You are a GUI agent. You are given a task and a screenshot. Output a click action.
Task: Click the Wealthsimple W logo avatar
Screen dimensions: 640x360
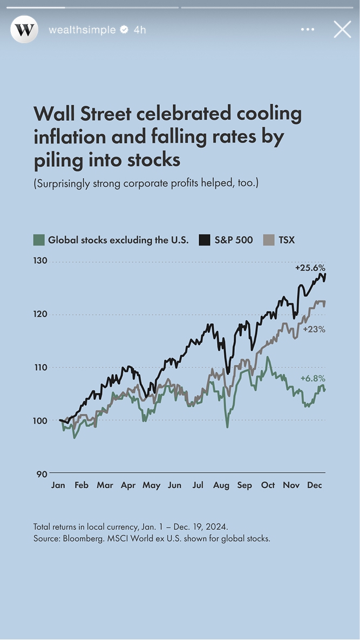click(24, 30)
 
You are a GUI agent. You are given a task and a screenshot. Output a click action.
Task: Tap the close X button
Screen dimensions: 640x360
click(342, 29)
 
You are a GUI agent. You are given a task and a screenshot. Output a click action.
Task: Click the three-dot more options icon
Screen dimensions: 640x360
click(308, 30)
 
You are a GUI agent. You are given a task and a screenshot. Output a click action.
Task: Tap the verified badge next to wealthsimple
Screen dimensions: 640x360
click(124, 30)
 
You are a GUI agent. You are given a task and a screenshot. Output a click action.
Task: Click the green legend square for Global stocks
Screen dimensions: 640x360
click(39, 240)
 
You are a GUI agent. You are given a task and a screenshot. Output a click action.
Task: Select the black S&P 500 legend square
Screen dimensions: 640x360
click(205, 240)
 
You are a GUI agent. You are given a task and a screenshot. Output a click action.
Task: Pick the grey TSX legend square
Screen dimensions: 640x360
click(269, 240)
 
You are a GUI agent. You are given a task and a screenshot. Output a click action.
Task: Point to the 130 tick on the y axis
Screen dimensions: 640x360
click(42, 261)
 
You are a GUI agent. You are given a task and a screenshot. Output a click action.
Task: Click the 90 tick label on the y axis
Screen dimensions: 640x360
click(42, 474)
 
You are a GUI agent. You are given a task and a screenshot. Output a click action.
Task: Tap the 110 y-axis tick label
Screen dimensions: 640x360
click(42, 367)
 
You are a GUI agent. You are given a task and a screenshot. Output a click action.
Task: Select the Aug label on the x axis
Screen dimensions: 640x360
click(221, 485)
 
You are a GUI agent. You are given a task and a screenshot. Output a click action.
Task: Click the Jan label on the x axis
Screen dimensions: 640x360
click(58, 485)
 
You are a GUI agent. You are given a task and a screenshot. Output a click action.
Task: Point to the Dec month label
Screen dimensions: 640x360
click(314, 485)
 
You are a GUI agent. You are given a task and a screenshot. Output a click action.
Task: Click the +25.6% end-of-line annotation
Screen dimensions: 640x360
click(310, 268)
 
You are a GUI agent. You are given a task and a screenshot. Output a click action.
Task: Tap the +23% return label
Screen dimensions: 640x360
click(314, 329)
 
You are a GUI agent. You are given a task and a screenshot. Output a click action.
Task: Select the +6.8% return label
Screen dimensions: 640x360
click(313, 378)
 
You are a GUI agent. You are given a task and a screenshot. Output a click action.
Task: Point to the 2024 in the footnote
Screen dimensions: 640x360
click(218, 526)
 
